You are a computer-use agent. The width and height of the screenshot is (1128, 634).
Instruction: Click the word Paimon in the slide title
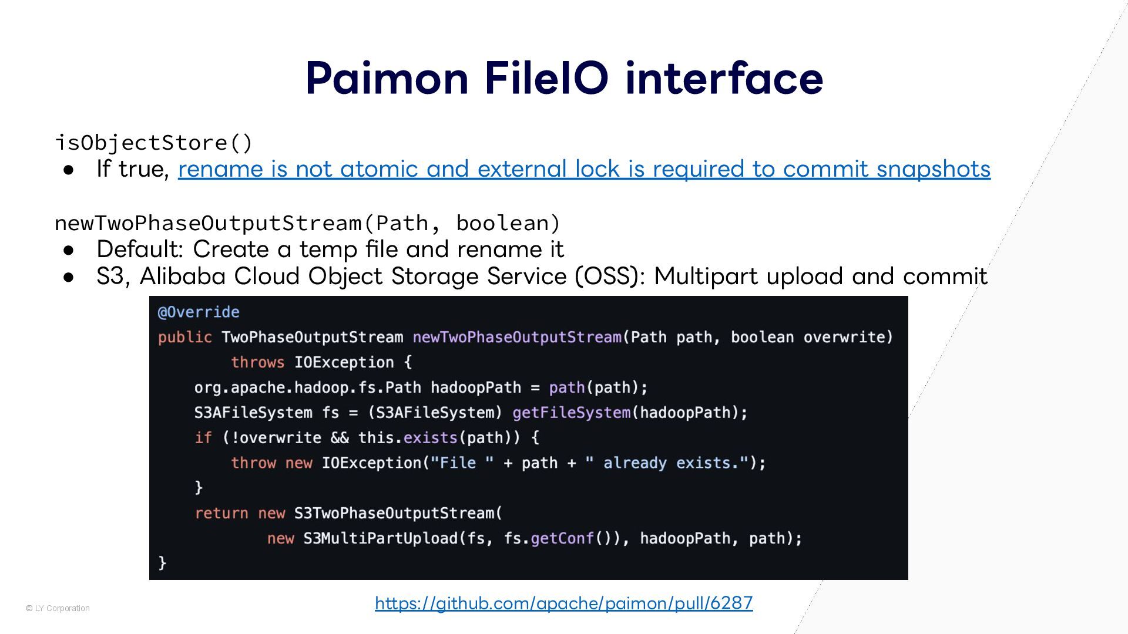click(387, 78)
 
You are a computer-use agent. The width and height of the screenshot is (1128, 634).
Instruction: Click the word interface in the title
click(724, 78)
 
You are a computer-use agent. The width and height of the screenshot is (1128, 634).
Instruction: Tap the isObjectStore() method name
click(153, 143)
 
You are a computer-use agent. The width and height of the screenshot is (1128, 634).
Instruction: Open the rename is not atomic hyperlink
click(584, 169)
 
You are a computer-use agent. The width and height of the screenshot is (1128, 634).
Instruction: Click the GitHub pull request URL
click(563, 603)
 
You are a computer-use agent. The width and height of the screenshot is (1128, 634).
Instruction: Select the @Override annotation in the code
click(199, 312)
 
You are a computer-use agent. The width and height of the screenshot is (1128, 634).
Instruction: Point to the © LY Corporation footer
click(58, 608)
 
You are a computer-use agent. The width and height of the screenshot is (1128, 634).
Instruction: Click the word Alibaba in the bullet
click(183, 276)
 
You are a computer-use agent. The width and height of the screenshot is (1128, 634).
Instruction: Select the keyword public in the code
click(184, 337)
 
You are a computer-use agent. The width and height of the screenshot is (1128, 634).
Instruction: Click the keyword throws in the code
click(257, 362)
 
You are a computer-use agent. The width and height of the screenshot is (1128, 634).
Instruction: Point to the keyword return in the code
click(221, 513)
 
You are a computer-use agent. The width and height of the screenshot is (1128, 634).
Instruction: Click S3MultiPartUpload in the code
click(380, 538)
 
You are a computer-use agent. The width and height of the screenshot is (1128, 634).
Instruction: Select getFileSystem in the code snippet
click(571, 413)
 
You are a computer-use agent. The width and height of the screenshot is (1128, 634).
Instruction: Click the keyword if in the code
click(203, 438)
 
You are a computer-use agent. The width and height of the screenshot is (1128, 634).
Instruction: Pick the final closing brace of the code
click(163, 564)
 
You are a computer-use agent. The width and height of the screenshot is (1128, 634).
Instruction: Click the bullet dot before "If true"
click(69, 170)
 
